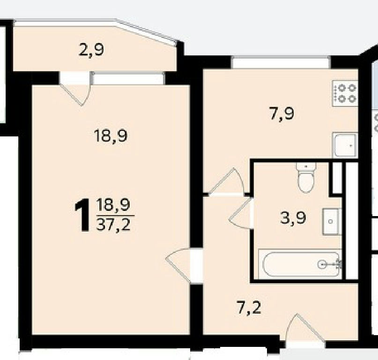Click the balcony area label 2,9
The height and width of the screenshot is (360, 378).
pyautogui.click(x=91, y=51)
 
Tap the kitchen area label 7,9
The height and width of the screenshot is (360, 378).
pyautogui.click(x=282, y=113)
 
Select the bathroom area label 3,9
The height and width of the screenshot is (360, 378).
pyautogui.click(x=293, y=218)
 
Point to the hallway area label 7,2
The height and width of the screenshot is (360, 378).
pyautogui.click(x=249, y=308)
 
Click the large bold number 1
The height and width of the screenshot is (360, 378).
pyautogui.click(x=82, y=215)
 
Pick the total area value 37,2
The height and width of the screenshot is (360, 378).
pyautogui.click(x=113, y=225)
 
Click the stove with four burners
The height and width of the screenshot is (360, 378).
pyautogui.click(x=345, y=93)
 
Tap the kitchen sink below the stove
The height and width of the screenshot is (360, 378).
pyautogui.click(x=345, y=144)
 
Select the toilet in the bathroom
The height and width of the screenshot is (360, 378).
pyautogui.click(x=306, y=178)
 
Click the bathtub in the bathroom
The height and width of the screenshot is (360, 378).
pyautogui.click(x=300, y=264)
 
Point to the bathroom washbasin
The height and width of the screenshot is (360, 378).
pyautogui.click(x=331, y=222)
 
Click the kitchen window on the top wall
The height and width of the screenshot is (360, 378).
pyautogui.click(x=281, y=62)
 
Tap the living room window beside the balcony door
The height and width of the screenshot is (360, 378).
pyautogui.click(x=128, y=78)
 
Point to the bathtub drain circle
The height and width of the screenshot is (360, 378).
pyautogui.click(x=322, y=265)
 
